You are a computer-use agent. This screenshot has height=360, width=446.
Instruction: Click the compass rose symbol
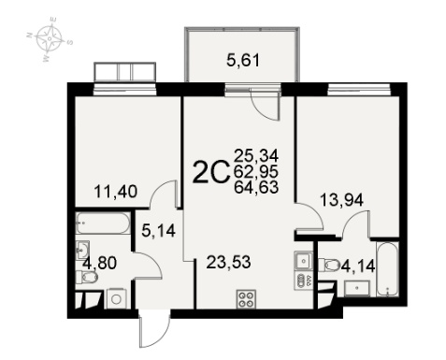pyautogui.click(x=50, y=38)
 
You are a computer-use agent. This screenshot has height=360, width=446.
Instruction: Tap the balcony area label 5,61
pyautogui.click(x=243, y=60)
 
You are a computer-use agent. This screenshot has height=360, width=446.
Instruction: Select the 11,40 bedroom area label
pyautogui.click(x=116, y=192)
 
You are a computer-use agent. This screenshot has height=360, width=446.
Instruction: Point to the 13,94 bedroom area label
pyautogui.click(x=341, y=200)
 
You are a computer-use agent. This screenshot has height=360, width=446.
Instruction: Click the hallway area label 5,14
pyautogui.click(x=159, y=231)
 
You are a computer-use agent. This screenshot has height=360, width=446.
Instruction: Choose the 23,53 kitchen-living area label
pyautogui.click(x=228, y=262)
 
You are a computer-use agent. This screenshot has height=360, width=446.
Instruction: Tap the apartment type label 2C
pyautogui.click(x=211, y=172)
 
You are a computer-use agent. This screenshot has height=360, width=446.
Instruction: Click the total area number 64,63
pyautogui.click(x=256, y=187)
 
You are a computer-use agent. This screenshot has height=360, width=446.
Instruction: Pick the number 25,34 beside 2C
pyautogui.click(x=256, y=155)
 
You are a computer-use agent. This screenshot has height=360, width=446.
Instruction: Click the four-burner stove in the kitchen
pyautogui.click(x=246, y=299)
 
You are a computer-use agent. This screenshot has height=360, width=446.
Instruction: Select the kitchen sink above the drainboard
pyautogui.click(x=303, y=261)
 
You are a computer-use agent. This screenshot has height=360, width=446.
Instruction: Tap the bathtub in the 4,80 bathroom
pyautogui.click(x=103, y=223)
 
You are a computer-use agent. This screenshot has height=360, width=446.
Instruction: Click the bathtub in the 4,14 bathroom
pyautogui.click(x=387, y=269)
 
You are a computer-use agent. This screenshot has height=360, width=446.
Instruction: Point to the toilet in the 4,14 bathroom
pyautogui.click(x=329, y=265)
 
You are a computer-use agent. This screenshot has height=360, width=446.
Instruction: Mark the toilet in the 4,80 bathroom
pyautogui.click(x=87, y=277)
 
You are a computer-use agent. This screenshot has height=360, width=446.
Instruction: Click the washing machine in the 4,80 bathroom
pyautogui.click(x=116, y=299)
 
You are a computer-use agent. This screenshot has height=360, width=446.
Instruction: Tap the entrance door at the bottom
pyautogui.click(x=155, y=331)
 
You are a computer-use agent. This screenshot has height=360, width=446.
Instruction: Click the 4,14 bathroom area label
pyautogui.click(x=358, y=266)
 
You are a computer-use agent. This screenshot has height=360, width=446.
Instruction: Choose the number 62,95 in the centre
pyautogui.click(x=256, y=171)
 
